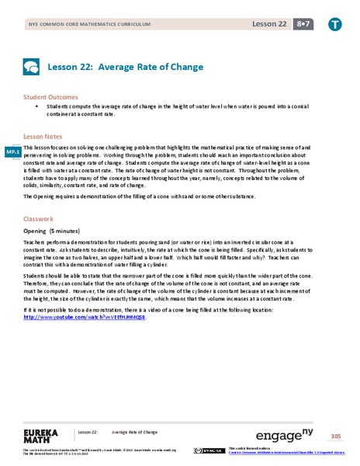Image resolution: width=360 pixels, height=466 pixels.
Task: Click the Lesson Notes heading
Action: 43,134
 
